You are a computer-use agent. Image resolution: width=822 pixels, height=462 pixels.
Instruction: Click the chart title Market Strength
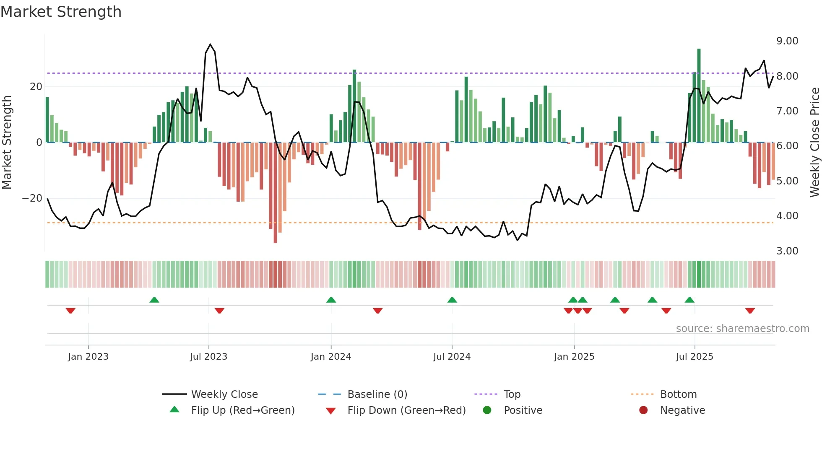pos(61,12)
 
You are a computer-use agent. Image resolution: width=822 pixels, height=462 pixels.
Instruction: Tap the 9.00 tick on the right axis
pos(787,41)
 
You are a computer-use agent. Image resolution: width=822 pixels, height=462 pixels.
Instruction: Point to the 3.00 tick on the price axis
pos(787,251)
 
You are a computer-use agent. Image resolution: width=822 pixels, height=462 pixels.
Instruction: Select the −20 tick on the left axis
pos(32,198)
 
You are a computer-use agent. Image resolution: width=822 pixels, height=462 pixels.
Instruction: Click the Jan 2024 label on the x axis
pos(330,357)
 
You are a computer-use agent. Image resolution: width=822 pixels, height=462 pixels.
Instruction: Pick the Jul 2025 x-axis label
pos(694,357)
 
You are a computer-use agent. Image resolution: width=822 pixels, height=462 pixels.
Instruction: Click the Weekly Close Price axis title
pos(814,143)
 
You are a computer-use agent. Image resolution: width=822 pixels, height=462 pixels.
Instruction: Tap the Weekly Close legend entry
pos(224,395)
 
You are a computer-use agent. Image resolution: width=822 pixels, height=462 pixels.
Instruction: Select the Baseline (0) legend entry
pos(377,395)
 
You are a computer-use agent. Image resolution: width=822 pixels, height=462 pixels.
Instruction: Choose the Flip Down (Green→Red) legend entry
pos(406,410)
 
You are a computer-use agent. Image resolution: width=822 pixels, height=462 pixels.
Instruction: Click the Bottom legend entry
pos(678,395)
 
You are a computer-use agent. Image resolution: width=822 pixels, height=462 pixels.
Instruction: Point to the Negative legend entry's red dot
pos(643,410)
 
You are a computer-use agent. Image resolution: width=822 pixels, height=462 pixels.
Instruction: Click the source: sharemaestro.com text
pos(742,329)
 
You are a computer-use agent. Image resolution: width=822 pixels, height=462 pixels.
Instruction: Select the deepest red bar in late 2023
pos(275,193)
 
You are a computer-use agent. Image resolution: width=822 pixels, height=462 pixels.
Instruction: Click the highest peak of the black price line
pos(210,44)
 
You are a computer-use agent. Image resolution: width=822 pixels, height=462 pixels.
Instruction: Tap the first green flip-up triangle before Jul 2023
pos(154,300)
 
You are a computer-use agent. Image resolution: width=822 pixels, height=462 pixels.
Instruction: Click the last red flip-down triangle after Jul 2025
pos(750,311)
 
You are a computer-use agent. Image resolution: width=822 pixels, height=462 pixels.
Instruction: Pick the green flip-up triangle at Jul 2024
pos(452,300)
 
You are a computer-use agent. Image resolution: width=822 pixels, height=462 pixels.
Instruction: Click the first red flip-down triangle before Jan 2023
pos(70,311)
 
